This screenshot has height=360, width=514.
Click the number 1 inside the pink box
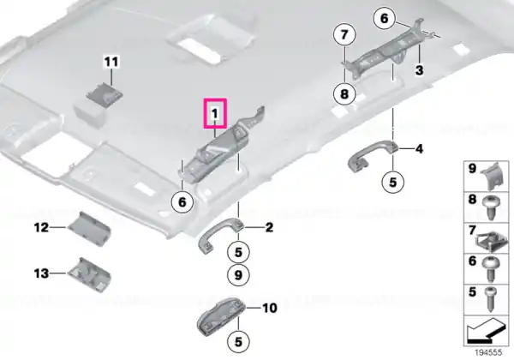pos(215,114)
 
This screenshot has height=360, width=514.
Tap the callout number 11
pos(111,62)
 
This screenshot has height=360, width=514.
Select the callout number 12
pos(41,227)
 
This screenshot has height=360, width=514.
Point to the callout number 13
pos(41,273)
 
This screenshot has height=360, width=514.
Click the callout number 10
pos(270,308)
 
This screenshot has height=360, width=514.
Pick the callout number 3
pos(419,69)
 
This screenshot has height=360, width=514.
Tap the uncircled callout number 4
pos(419,149)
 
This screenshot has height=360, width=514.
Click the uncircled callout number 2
pos(269,227)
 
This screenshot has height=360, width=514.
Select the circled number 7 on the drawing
pos(344,34)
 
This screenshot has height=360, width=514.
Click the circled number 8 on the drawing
pos(344,94)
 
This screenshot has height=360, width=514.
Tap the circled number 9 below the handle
pos(238,275)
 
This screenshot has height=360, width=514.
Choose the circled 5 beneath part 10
pos(238,342)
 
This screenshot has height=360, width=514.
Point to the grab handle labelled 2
pos(221,233)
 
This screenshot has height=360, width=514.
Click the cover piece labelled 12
pos(89,229)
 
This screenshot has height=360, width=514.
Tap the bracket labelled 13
pos(89,275)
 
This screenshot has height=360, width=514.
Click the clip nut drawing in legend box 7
pos(486,241)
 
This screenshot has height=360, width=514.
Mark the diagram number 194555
pos(488,353)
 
